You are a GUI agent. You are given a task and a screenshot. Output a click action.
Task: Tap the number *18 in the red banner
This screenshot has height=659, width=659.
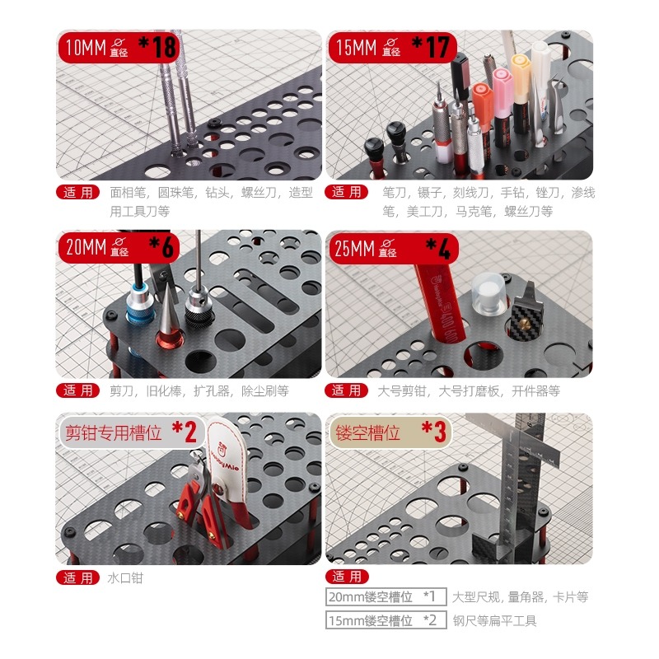click(158, 47)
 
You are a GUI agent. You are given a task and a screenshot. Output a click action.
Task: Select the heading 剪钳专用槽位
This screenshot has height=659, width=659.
click(114, 432)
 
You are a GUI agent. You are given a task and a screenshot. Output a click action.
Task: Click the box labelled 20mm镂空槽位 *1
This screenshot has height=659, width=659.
click(385, 596)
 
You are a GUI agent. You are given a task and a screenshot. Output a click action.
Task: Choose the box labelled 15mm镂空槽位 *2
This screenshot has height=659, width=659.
click(385, 620)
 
